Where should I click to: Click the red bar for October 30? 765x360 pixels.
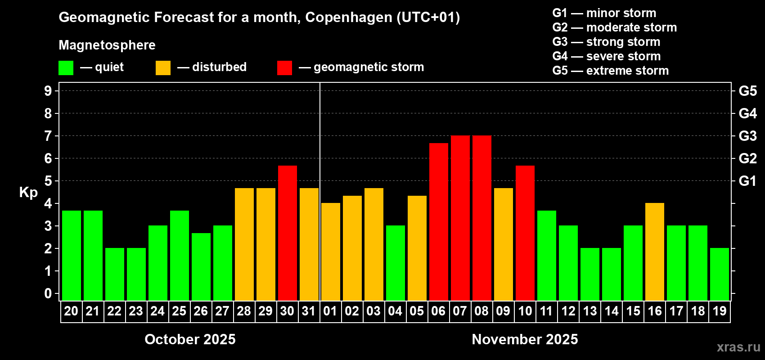[x=287, y=233]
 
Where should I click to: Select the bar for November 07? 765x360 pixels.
[x=460, y=218]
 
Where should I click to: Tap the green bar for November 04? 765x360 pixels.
[x=395, y=263]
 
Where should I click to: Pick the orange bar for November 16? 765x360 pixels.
[x=654, y=252]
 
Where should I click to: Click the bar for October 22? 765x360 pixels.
[x=114, y=274]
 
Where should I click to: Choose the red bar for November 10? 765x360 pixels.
[x=525, y=233]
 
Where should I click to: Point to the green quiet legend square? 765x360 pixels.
[x=66, y=68]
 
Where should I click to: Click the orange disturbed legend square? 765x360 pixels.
[x=163, y=68]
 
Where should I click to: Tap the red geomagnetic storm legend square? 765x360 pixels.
[x=284, y=68]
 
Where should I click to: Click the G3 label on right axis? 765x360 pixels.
[x=747, y=136]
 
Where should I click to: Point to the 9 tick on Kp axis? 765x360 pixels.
[x=48, y=91]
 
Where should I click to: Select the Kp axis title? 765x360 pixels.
[x=28, y=193]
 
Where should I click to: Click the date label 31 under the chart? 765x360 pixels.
[x=309, y=311]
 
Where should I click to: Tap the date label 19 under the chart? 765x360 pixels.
[x=719, y=311]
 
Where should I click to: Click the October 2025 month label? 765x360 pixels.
[x=190, y=339]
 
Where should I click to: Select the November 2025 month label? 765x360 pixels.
[x=525, y=339]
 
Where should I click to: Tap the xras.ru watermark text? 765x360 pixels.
[x=738, y=347]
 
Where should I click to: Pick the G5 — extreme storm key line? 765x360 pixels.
[x=610, y=71]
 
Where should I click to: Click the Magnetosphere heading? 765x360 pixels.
[x=107, y=45]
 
